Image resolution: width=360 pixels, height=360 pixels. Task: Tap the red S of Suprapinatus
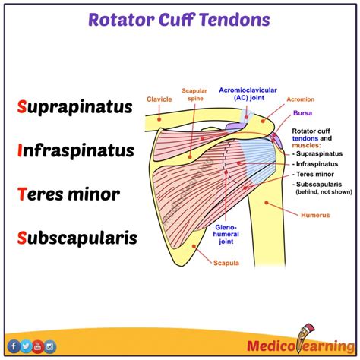click(22, 106)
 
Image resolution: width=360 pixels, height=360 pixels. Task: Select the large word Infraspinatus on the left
click(76, 150)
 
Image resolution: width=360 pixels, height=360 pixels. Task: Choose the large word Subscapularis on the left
click(76, 237)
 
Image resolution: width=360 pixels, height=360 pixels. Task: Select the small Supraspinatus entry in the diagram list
click(320, 153)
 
